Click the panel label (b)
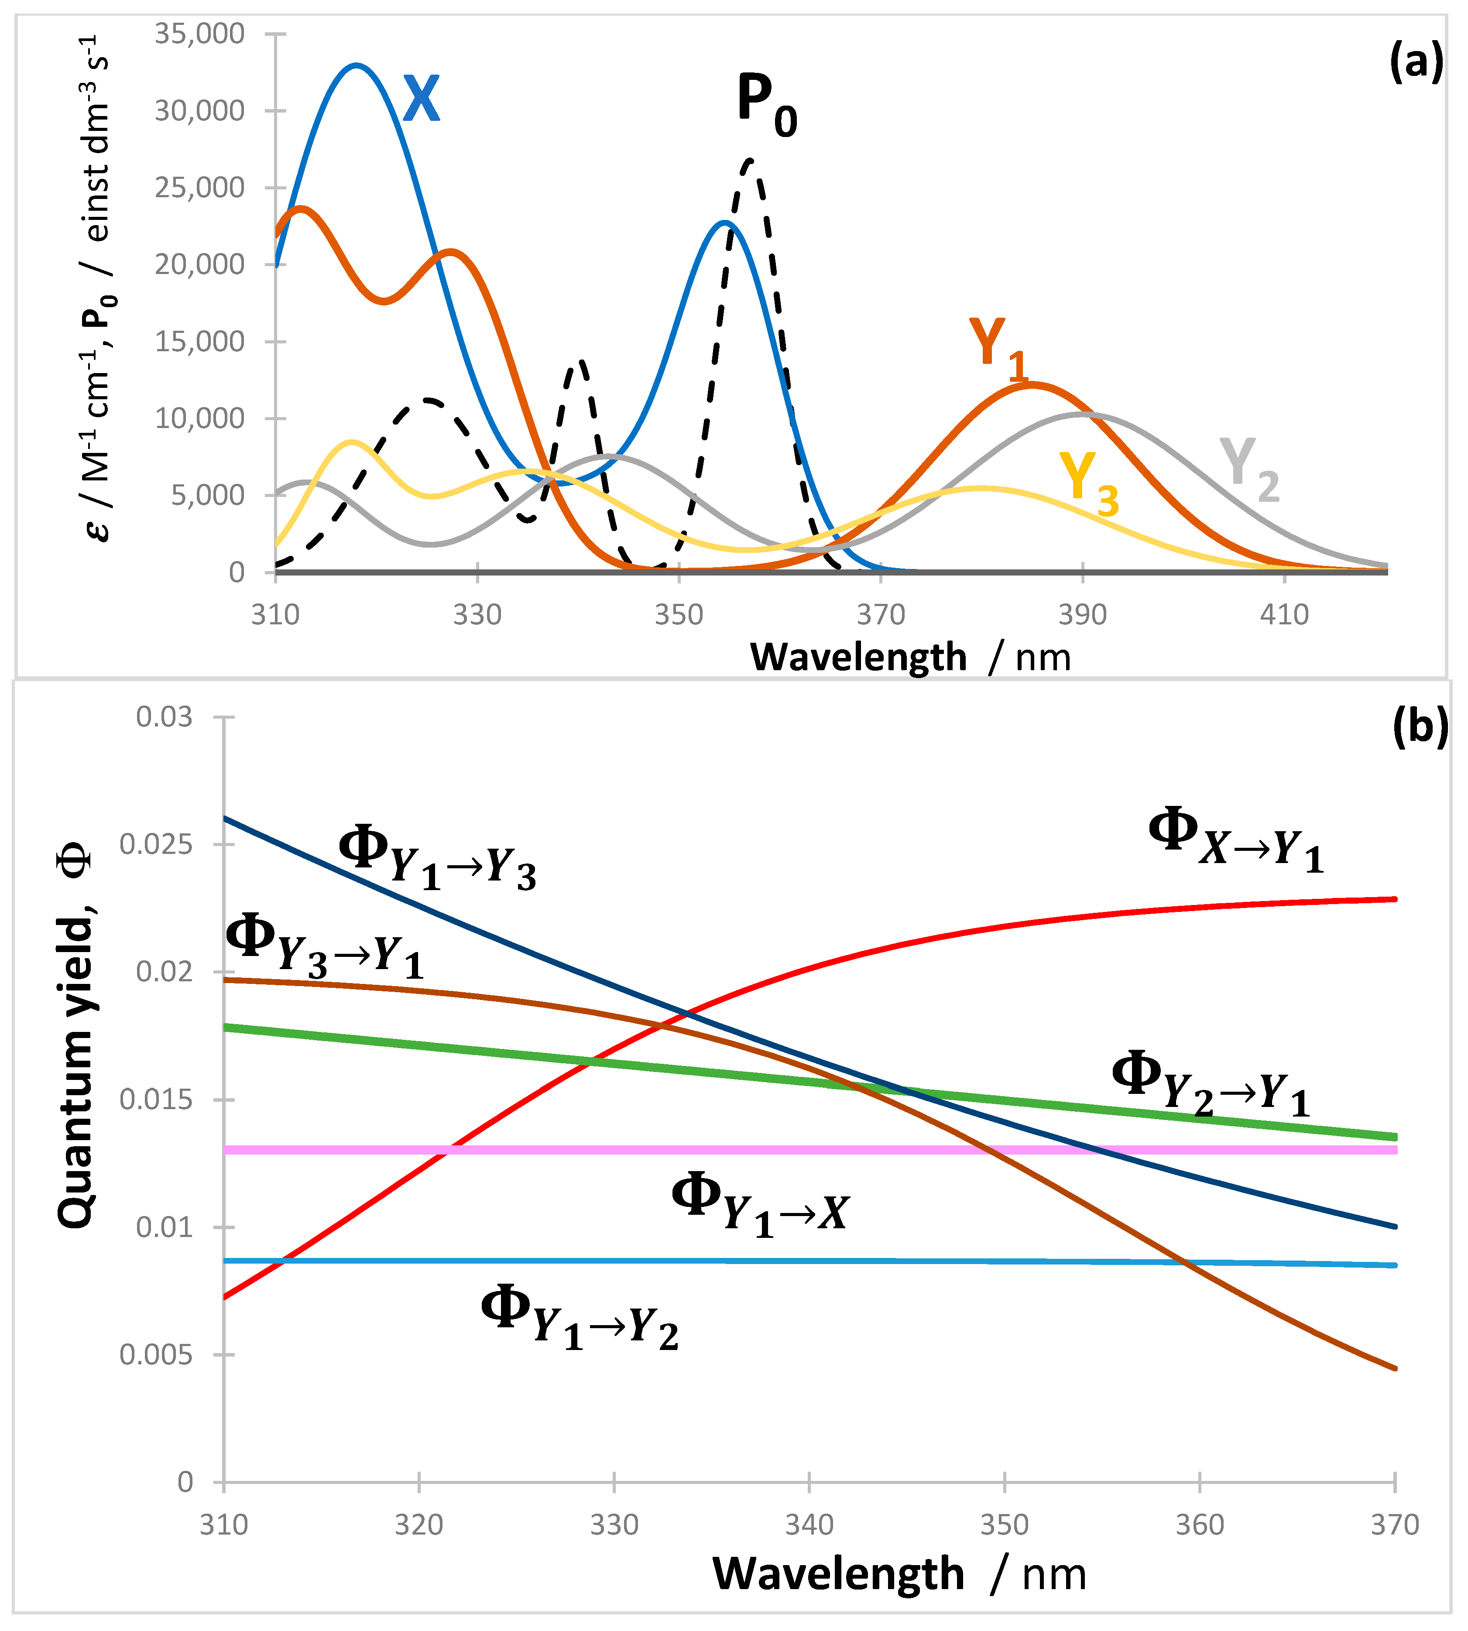[x=1420, y=727]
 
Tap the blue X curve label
[x=421, y=99]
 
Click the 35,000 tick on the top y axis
[x=199, y=34]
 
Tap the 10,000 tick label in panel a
[x=199, y=418]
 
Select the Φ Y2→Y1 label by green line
[x=1210, y=1085]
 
